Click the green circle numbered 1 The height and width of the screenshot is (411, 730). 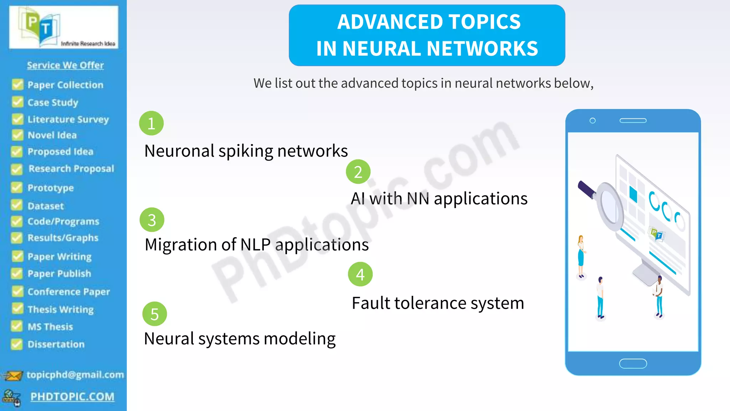pos(151,123)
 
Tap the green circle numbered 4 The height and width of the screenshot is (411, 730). pos(360,274)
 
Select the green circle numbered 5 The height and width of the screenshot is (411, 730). pos(154,314)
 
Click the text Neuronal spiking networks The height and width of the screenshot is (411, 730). pos(246,151)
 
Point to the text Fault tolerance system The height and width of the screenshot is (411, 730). pos(438,303)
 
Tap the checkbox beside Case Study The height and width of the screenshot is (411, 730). pos(17,102)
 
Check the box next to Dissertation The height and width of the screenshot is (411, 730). pos(16,344)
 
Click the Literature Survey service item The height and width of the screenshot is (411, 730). pos(68,119)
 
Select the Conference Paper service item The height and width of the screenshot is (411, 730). pos(68,291)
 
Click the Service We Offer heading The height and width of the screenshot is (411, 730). pos(65,65)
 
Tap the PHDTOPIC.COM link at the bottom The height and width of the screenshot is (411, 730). pos(72,396)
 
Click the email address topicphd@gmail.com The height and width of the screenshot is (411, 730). pos(75,375)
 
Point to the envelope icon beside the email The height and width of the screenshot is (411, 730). pos(13,376)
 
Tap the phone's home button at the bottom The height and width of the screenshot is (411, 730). pos(633,364)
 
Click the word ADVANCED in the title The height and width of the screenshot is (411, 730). pos(385,22)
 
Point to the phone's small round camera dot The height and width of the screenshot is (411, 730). pos(592,121)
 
